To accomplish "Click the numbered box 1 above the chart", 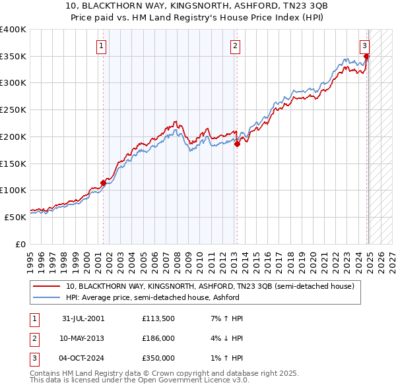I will [102, 45].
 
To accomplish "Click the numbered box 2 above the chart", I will [235, 45].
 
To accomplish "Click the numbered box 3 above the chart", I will [364, 45].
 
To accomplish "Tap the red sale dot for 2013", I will [237, 144].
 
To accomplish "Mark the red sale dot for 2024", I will [366, 57].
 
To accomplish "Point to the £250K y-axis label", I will [13, 110].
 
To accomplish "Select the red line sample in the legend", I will [47, 287].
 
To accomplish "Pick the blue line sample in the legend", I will [47, 297].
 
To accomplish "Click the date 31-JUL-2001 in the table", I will [82, 318].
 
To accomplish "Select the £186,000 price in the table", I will [158, 338].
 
